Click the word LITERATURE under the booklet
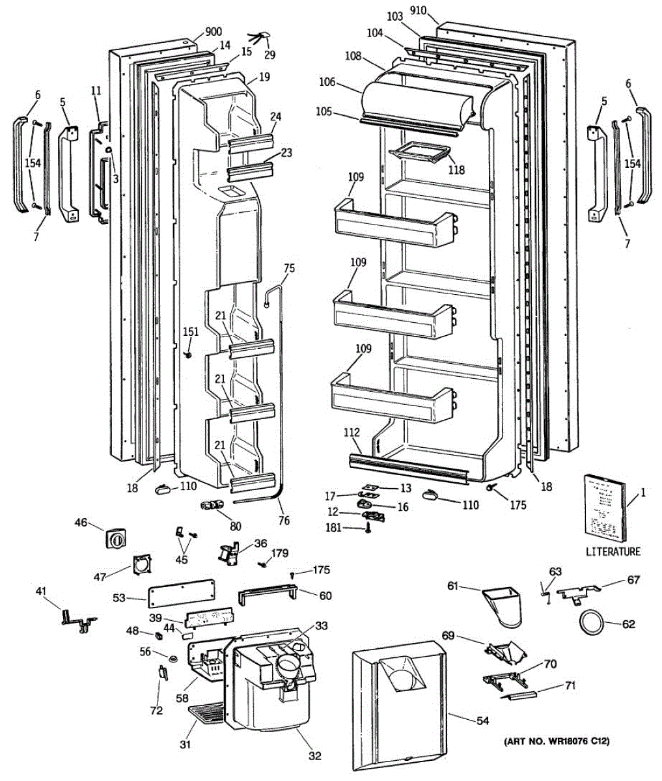point(613,552)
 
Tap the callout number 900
point(214,32)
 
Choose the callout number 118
point(456,170)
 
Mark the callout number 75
point(289,267)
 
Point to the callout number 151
point(190,332)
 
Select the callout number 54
point(482,720)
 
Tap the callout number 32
point(314,756)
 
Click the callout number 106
point(327,82)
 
